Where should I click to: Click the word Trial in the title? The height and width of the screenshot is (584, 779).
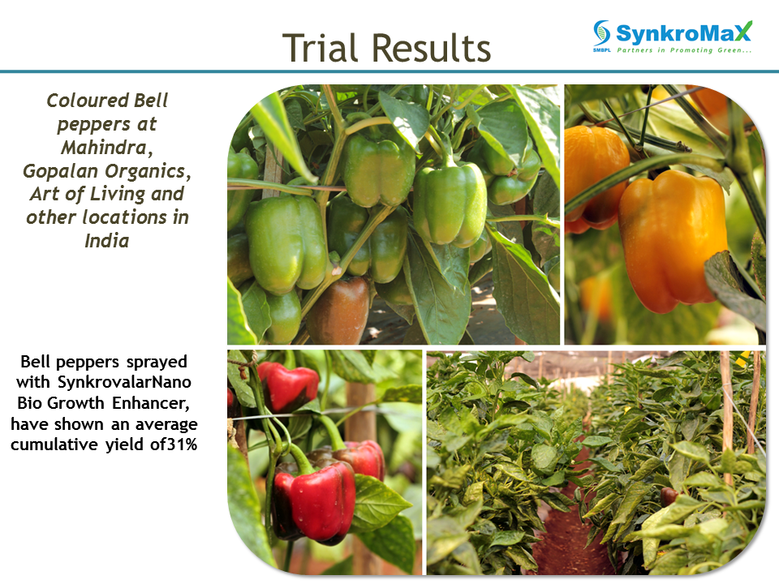(320, 48)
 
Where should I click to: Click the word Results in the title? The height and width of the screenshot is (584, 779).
(431, 48)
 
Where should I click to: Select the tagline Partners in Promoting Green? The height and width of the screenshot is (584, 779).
(684, 50)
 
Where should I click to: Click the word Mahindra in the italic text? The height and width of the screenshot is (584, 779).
(107, 148)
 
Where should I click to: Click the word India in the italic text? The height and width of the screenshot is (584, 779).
(107, 241)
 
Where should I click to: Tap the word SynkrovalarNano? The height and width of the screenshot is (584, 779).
(124, 382)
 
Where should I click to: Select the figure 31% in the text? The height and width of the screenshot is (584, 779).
(182, 444)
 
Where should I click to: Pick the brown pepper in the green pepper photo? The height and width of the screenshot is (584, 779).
(339, 311)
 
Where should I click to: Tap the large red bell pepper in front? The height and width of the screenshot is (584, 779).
(314, 500)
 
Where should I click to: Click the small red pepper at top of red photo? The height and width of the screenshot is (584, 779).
(287, 385)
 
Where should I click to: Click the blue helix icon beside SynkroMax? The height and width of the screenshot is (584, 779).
(601, 32)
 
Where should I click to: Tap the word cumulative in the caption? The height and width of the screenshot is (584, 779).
(54, 444)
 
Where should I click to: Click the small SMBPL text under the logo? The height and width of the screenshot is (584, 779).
(601, 50)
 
